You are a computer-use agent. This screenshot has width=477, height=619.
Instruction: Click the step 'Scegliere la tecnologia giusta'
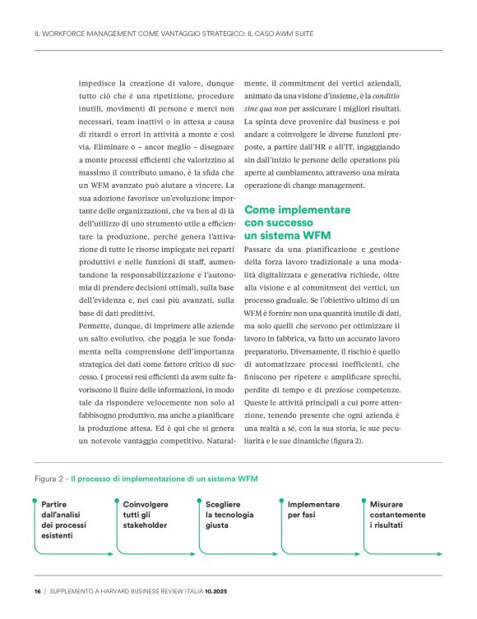click(229, 514)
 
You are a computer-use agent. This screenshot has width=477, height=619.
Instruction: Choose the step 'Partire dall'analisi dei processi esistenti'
click(63, 519)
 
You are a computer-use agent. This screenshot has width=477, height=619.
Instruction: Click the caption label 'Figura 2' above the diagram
click(50, 476)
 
